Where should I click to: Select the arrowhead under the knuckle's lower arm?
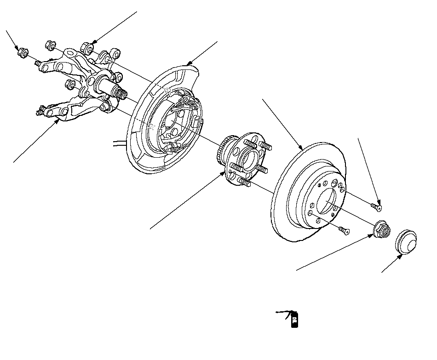58,122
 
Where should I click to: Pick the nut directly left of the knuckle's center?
69,84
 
